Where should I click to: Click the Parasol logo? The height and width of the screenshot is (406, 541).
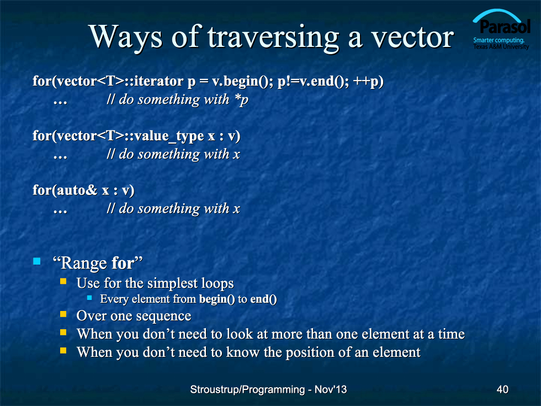point(501,30)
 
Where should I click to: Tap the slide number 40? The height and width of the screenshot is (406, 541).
point(502,389)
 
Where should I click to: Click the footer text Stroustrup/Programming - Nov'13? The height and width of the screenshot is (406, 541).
point(268,389)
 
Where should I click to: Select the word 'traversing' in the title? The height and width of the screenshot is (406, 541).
point(273,38)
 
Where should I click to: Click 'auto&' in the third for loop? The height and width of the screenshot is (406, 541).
point(77,190)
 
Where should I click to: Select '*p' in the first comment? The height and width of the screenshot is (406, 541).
point(241,100)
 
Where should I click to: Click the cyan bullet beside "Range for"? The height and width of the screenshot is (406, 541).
point(37,261)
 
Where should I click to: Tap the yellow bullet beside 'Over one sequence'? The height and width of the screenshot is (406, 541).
point(63,314)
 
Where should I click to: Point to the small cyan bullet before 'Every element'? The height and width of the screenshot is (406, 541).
point(89,297)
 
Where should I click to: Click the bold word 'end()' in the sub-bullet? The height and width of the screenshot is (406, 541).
point(263,299)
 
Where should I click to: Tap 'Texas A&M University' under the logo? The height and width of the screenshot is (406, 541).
point(501,46)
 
